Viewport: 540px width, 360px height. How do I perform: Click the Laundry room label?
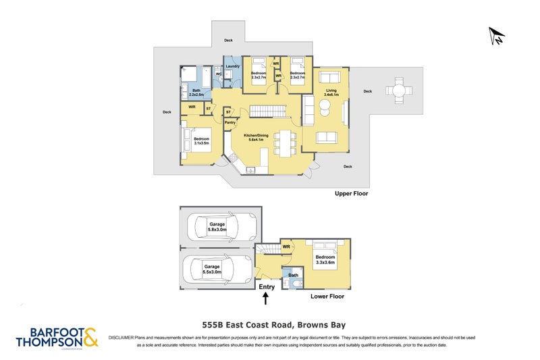click(232, 66)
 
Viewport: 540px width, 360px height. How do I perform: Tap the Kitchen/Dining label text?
click(259, 136)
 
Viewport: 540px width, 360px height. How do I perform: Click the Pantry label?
click(230, 122)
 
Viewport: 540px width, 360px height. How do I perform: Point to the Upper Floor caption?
click(352, 193)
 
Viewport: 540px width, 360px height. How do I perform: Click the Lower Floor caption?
click(327, 297)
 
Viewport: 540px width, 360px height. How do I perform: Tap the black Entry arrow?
click(266, 297)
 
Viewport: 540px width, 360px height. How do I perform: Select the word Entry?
click(267, 287)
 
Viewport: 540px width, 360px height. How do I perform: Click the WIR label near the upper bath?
click(192, 107)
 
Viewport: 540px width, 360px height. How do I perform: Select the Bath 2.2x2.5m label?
click(196, 93)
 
